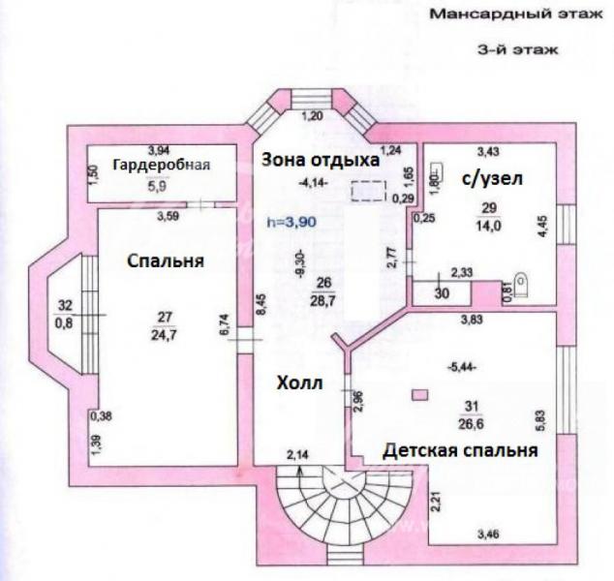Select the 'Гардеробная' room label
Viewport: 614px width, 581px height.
point(161,163)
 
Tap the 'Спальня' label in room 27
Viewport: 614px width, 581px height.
point(163,261)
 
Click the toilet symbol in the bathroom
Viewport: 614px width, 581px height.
point(524,284)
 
